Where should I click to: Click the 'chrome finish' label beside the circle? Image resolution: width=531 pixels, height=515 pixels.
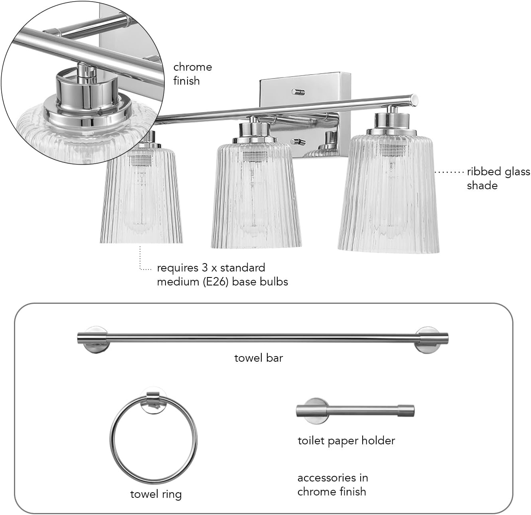pos(193,74)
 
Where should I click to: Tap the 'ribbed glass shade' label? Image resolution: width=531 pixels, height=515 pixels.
pos(498,178)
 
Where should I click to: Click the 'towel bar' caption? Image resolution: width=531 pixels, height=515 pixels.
pos(259,358)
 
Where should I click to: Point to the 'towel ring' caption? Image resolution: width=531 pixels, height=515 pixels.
pos(156,495)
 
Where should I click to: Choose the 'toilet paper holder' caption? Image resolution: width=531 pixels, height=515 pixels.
pos(346,441)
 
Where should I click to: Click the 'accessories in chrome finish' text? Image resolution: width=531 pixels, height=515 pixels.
pos(333,485)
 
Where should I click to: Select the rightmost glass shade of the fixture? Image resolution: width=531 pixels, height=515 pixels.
pos(388,192)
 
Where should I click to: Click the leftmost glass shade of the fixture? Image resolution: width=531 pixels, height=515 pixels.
pos(141,194)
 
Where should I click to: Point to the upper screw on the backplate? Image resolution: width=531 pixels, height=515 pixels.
pos(298,92)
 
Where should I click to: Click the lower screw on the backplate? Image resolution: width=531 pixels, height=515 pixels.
pos(298,141)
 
